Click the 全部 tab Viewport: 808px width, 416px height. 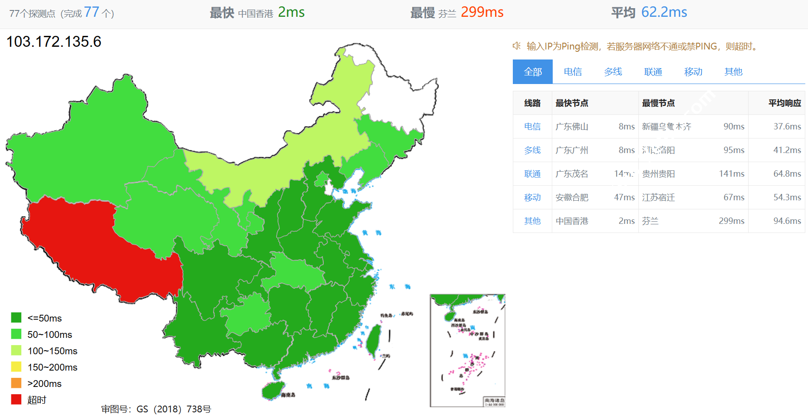(x=533, y=72)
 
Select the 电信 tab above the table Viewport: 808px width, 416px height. (x=573, y=72)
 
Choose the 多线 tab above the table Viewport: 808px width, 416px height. (x=613, y=72)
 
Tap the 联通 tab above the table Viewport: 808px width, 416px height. (x=653, y=72)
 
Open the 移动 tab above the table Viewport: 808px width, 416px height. (x=693, y=72)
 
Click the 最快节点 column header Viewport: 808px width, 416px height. (x=572, y=103)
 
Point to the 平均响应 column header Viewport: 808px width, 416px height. (x=784, y=103)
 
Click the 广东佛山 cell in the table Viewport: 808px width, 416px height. (x=572, y=127)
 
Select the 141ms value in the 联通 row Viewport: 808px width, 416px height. (x=731, y=174)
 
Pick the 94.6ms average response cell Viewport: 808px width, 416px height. (x=787, y=221)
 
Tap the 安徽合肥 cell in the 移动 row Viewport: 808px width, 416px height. (x=572, y=198)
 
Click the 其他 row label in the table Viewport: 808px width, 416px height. (x=532, y=221)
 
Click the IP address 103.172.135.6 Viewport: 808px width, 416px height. (x=54, y=42)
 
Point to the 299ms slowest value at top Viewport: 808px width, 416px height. (x=482, y=12)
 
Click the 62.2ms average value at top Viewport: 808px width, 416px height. (x=664, y=12)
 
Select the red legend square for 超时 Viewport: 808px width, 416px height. (x=16, y=400)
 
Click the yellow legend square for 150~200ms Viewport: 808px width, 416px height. (x=16, y=367)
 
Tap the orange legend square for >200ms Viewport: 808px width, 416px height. (x=16, y=383)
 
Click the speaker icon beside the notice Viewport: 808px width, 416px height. (x=516, y=46)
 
